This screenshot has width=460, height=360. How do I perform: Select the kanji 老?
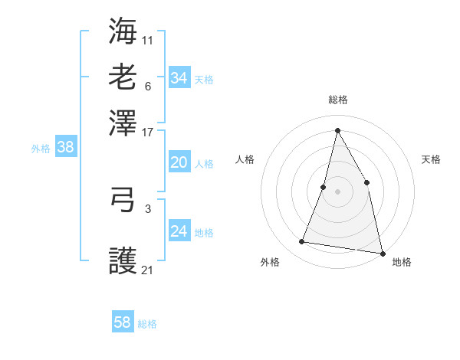coord(123,77)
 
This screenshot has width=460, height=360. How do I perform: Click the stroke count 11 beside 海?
coord(148,40)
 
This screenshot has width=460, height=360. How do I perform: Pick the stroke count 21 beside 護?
coord(148,270)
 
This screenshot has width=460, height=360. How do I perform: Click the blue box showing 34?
coord(179,78)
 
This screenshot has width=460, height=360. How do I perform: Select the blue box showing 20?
coord(179,162)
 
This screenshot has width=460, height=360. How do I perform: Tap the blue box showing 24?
coord(179,231)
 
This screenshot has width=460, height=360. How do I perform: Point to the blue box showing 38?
coord(65,147)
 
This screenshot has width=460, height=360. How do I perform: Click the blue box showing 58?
coord(122,322)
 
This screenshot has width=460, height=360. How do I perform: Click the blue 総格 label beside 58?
coord(147,324)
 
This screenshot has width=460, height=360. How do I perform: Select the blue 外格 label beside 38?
coord(41,149)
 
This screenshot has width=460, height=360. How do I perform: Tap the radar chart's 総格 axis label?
coord(337,100)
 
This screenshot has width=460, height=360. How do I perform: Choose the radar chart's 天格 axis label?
coord(431,159)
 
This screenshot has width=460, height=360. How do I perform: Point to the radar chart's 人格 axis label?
coord(245,159)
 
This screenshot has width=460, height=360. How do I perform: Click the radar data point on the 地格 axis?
coord(382,253)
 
